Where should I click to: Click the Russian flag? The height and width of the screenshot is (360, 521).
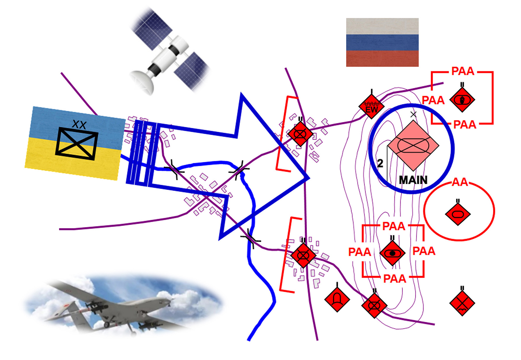[x=382, y=42]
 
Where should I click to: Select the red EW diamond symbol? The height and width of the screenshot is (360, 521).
[x=371, y=106]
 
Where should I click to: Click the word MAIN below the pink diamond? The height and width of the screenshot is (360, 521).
[x=413, y=180]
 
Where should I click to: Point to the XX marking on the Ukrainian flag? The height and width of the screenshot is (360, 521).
[x=79, y=125]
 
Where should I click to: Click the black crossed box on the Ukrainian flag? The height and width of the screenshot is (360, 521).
[x=77, y=144]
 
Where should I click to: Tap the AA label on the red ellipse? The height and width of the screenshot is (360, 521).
[x=460, y=182]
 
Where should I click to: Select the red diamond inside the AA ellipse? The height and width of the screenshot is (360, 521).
[x=458, y=214]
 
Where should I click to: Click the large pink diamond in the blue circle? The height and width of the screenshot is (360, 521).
[x=413, y=145]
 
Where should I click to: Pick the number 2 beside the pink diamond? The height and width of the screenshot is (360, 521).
[x=380, y=163]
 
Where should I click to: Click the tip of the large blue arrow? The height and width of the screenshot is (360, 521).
[x=309, y=178]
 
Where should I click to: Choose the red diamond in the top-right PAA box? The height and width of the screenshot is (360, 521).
[x=462, y=100]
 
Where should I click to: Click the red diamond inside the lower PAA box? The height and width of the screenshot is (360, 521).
[x=392, y=253]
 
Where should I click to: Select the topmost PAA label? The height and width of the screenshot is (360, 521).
[x=463, y=71]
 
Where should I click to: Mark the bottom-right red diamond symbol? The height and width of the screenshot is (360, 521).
[x=462, y=303]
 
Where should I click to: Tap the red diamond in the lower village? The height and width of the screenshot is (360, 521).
[x=303, y=255]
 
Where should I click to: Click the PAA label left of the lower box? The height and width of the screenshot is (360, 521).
[x=359, y=252]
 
